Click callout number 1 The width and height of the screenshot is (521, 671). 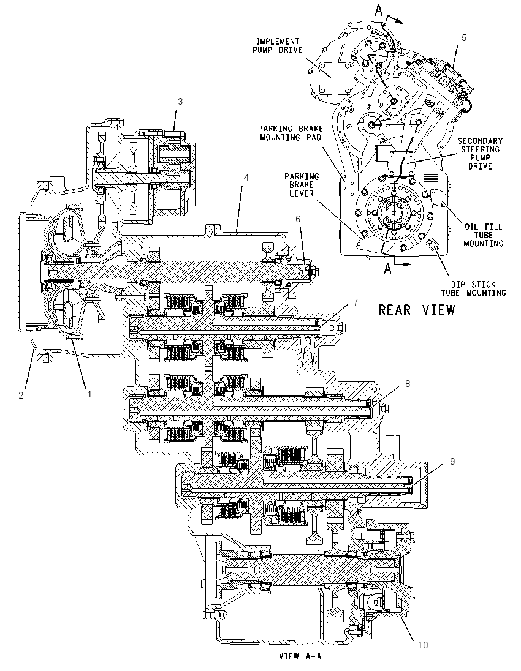tap(89, 394)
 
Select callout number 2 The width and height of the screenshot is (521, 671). tap(21, 395)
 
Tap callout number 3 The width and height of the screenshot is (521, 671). tap(180, 102)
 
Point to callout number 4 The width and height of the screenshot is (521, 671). tap(246, 177)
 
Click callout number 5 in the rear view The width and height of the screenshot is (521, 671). tap(464, 38)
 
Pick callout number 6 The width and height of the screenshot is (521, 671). tap(298, 219)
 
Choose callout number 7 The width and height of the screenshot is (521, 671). tap(355, 302)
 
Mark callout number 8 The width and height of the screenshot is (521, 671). tap(408, 383)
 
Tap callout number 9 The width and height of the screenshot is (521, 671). tap(452, 462)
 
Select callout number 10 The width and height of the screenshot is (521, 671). tap(423, 645)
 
